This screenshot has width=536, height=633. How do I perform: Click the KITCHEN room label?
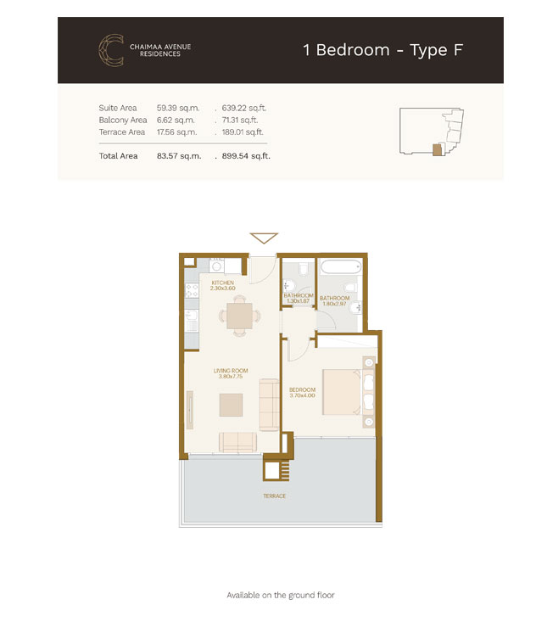pyautogui.click(x=223, y=283)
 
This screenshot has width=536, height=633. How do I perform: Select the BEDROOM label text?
pyautogui.click(x=302, y=389)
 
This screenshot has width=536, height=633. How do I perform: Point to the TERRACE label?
pyautogui.click(x=274, y=496)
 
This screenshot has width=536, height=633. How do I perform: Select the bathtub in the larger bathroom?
pyautogui.click(x=340, y=267)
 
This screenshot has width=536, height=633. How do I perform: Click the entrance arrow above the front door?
pyautogui.click(x=264, y=238)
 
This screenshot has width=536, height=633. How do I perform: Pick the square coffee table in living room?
pyautogui.click(x=232, y=406)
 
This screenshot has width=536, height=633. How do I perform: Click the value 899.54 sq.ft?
pyautogui.click(x=246, y=157)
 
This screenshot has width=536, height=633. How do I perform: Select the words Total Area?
pyautogui.click(x=118, y=157)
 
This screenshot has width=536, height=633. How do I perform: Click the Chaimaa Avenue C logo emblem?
pyautogui.click(x=110, y=48)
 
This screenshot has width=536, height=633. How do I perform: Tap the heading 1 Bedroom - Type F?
pyautogui.click(x=382, y=49)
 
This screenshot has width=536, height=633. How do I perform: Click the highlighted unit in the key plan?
pyautogui.click(x=438, y=149)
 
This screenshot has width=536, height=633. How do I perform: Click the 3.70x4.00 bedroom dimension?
pyautogui.click(x=302, y=395)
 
